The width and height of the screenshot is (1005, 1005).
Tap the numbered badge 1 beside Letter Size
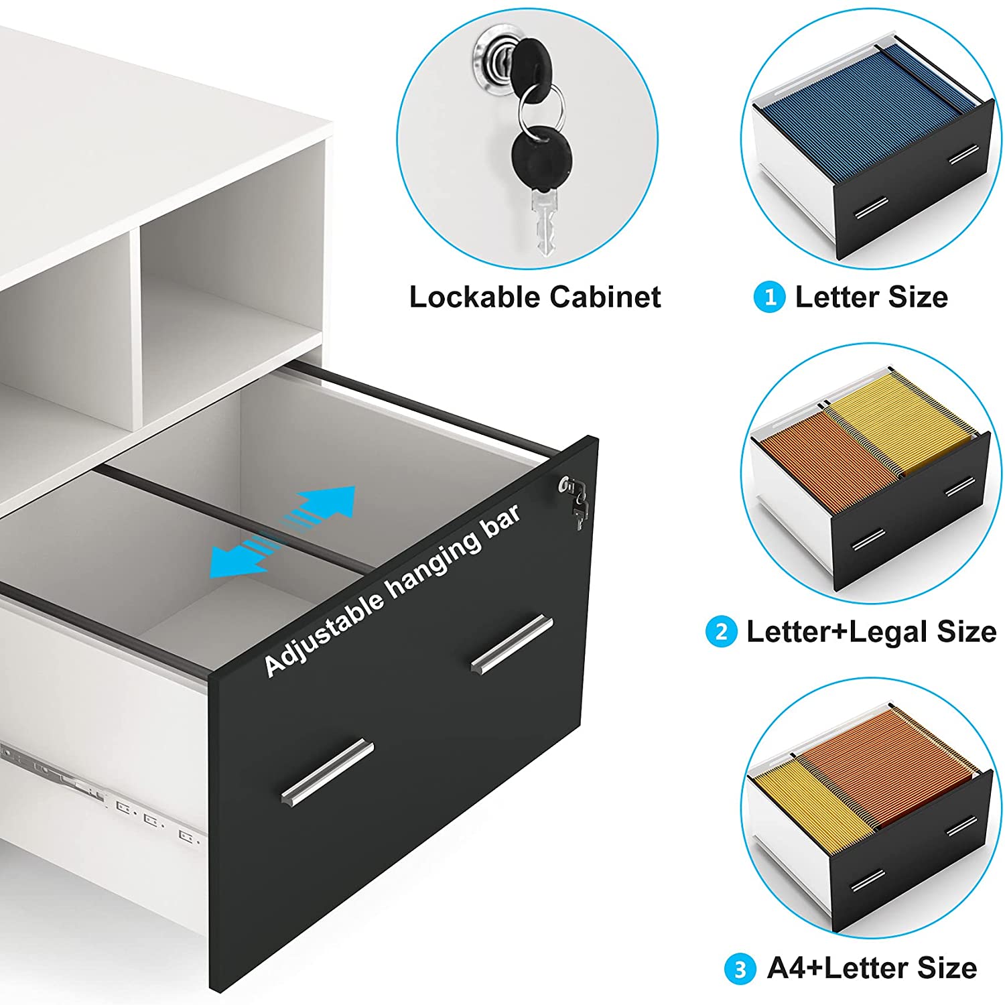770,297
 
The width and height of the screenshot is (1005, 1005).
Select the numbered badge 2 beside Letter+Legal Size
722,631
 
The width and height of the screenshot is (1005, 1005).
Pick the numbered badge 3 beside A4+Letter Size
740,969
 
